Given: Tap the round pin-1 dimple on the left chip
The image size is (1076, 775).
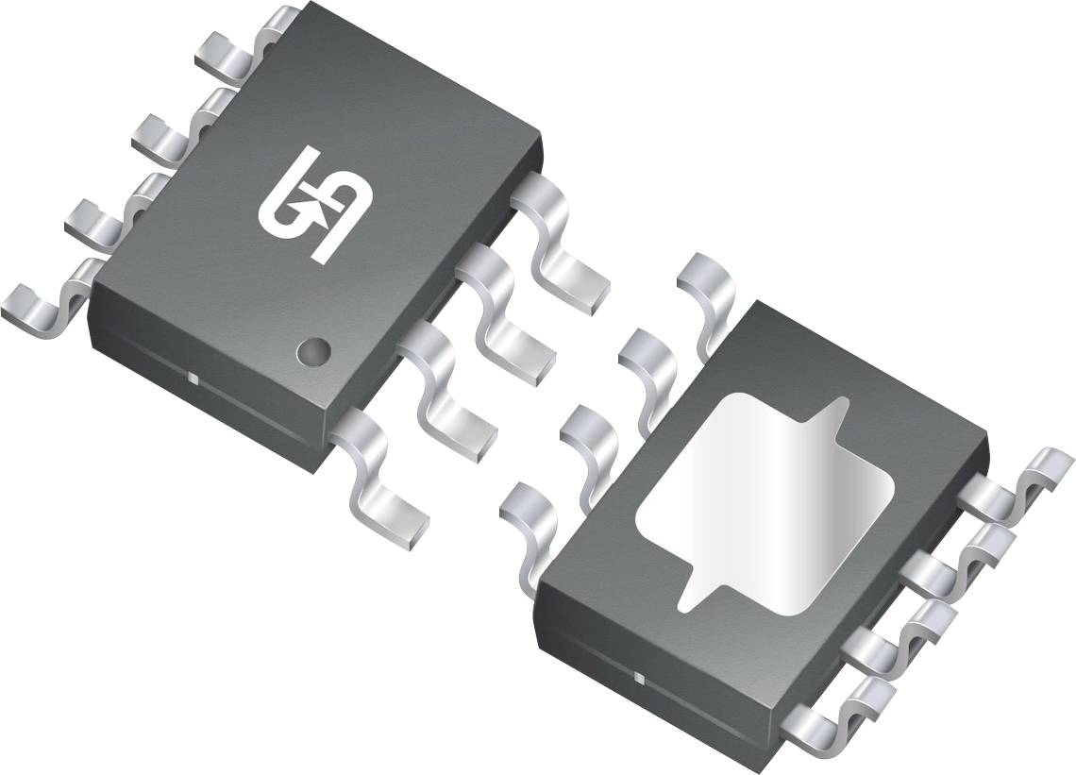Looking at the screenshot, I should [312, 352].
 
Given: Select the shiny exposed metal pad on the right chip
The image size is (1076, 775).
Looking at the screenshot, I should [765, 500].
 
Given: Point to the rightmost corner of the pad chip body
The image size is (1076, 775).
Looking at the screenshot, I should [987, 440].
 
